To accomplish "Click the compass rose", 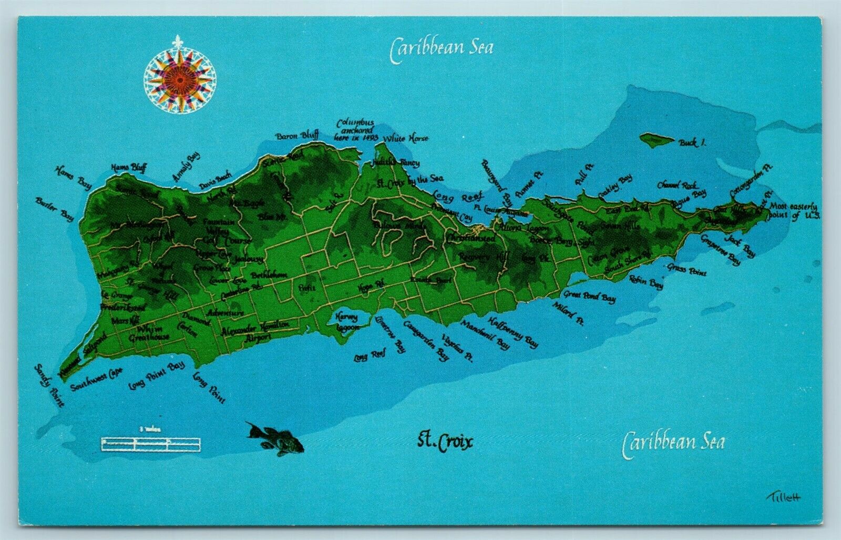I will coord(179,76).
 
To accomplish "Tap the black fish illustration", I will coord(274,439).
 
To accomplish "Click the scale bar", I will coord(151,444).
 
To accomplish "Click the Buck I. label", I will coord(692,142).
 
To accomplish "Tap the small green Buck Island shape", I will coord(657,139).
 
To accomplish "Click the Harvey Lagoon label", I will coord(347,322).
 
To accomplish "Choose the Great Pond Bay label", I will coord(589,297).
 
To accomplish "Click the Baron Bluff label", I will coord(297,136).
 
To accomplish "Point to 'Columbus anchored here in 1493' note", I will coord(356,129).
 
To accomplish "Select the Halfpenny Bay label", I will coord(513,332).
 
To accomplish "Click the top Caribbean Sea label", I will coord(442,48).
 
